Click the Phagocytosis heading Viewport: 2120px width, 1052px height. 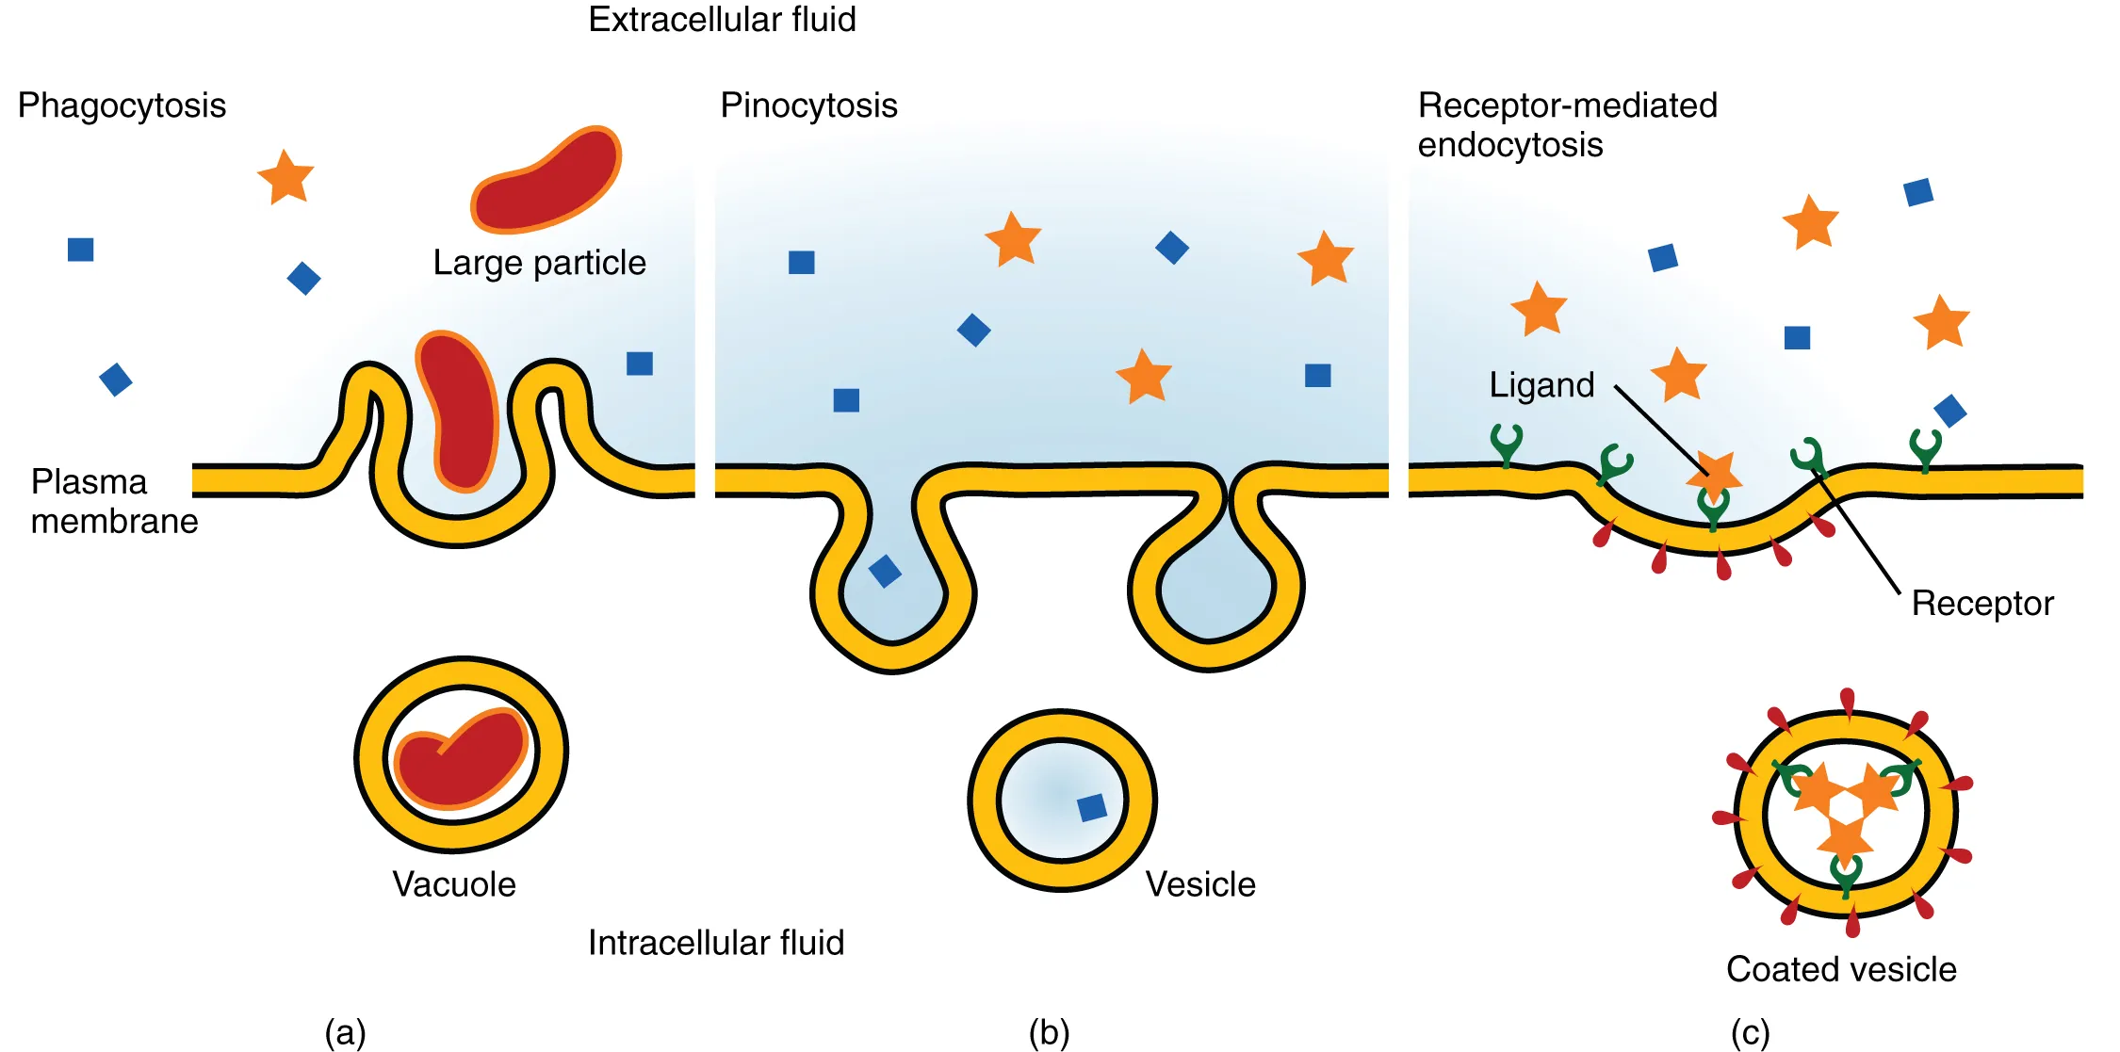coord(122,105)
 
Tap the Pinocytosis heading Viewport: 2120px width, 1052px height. coord(808,105)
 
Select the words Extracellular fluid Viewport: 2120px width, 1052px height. coord(722,20)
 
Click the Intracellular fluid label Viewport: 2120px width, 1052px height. coord(716,943)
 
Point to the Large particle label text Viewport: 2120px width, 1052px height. coord(539,263)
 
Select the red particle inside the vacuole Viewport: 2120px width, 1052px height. coord(461,758)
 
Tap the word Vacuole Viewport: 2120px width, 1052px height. coord(454,884)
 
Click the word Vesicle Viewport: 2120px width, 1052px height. coord(1200,884)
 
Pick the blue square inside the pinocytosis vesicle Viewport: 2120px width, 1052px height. coord(1092,807)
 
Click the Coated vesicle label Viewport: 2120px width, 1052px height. coord(1841,969)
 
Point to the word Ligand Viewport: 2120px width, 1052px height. coord(1541,385)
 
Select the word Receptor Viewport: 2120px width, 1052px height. coord(1982,604)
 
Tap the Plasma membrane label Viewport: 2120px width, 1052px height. coord(114,501)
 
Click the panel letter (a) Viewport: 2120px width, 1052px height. coord(345,1033)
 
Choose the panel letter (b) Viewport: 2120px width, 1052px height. coord(1049,1033)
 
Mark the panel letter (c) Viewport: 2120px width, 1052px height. coord(1750,1033)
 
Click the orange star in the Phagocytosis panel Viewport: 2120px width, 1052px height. coord(285,177)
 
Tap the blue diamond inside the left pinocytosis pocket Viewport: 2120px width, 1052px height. coord(885,571)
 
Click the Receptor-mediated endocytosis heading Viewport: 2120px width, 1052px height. coord(1567,125)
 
